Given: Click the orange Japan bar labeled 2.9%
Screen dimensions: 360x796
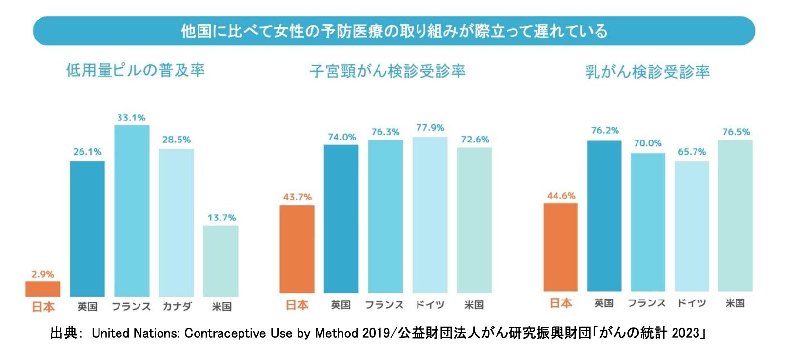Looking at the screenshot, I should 43,289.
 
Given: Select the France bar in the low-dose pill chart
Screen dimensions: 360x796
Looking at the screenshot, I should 132,211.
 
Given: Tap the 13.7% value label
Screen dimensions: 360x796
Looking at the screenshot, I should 221,218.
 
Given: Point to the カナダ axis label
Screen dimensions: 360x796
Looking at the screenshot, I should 177,306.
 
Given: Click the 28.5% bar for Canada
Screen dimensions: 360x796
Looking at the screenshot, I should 176,222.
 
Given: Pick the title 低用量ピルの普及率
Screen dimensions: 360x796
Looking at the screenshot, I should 136,70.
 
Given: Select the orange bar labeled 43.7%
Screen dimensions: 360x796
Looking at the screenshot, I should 297,249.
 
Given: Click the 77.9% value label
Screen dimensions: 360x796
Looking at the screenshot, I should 430,128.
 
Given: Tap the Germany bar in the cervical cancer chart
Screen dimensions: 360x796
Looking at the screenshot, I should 430,215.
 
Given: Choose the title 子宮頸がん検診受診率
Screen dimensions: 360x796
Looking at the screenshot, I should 388,71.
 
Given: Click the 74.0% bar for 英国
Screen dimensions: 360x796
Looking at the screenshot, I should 341,219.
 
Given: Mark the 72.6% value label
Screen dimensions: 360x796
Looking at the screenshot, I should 475,140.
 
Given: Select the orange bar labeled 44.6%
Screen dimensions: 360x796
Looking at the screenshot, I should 561,247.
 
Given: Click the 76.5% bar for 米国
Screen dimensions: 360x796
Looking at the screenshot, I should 735,216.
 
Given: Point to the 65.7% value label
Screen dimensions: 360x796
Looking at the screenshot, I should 692,152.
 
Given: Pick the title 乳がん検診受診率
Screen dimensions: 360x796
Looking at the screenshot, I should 647,72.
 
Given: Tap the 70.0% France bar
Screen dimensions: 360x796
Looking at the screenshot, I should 648,222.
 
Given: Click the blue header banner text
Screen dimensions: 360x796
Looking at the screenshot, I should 394,31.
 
